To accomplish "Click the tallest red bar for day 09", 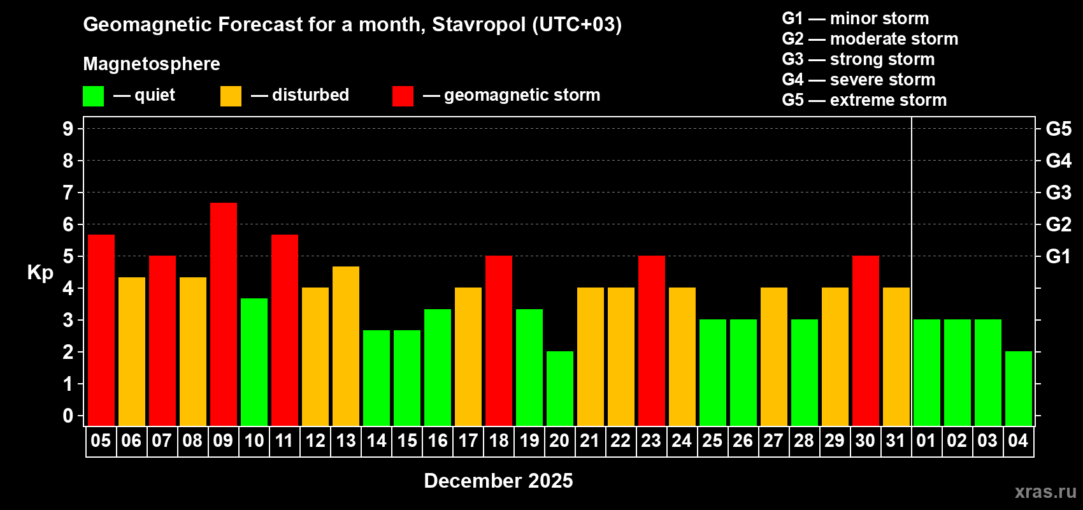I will tap(224, 314).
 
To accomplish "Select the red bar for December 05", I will tap(101, 330).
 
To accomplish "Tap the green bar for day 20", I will tap(560, 388).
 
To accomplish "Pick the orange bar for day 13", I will tap(346, 346).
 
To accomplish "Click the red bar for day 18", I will tap(499, 340).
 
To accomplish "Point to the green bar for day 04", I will tap(1019, 388).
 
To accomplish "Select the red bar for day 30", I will tap(866, 340).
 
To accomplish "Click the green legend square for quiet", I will tap(94, 96).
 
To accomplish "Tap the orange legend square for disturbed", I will tap(231, 96).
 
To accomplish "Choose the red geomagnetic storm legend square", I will tap(403, 96).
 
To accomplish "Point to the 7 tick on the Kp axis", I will tap(68, 193).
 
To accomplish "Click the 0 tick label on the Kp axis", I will tap(68, 416).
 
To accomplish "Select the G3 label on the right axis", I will tap(1058, 193).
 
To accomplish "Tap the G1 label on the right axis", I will tap(1058, 256).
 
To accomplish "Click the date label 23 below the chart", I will tap(651, 441).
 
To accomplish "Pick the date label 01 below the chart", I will tap(926, 441).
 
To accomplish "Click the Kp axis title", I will tap(40, 272).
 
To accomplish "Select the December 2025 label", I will tap(498, 481).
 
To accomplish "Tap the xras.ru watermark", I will tap(1045, 492).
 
